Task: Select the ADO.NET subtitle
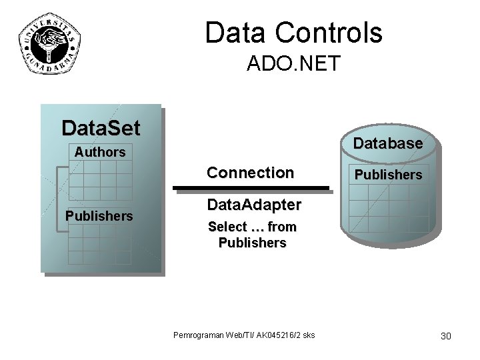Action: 293,64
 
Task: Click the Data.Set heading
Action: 100,127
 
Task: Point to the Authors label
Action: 99,152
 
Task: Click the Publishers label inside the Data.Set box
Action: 99,216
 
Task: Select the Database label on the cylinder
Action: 387,143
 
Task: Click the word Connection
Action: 250,173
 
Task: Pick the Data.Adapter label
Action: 253,204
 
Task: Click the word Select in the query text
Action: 227,227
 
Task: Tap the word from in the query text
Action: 281,227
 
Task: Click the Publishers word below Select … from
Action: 252,243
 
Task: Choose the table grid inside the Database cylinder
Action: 387,207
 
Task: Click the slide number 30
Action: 445,335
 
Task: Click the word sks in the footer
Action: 308,334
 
